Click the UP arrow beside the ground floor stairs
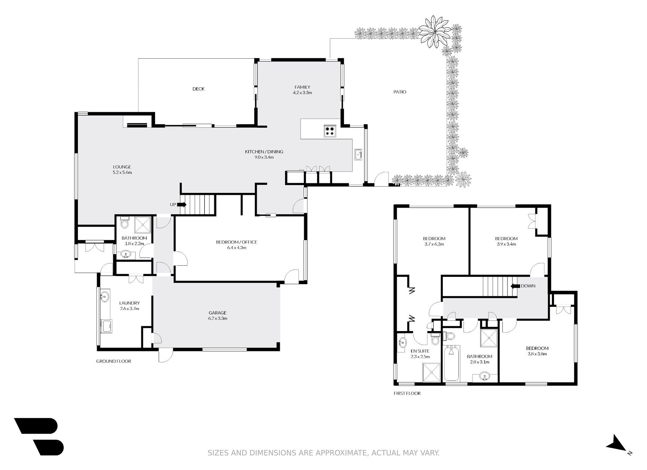182,204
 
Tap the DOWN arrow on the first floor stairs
515,286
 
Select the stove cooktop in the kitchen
330,130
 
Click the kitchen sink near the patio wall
358,155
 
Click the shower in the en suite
431,372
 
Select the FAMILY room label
302,87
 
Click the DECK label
198,89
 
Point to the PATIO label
400,92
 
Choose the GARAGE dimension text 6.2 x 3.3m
217,318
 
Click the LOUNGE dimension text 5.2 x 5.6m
122,172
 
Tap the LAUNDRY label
129,303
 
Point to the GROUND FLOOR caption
114,361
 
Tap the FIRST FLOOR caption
407,393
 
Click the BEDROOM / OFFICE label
237,242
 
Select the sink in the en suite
402,343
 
